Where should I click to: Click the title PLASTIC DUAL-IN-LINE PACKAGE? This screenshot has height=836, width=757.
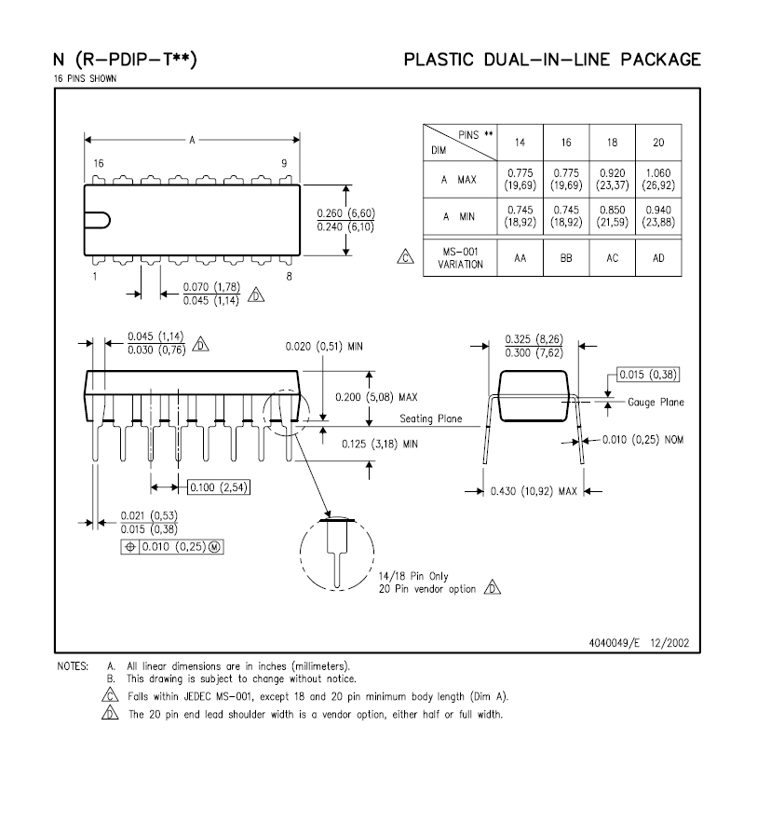pyautogui.click(x=551, y=61)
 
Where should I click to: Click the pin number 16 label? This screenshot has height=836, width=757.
pyautogui.click(x=98, y=164)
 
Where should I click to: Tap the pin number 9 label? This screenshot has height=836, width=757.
pyautogui.click(x=284, y=164)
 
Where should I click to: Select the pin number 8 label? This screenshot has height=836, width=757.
pyautogui.click(x=290, y=276)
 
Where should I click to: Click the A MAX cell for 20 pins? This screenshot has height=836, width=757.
pyautogui.click(x=657, y=179)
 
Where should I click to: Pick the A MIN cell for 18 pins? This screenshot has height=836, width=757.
pyautogui.click(x=612, y=216)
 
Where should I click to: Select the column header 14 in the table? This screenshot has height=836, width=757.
pyautogui.click(x=520, y=142)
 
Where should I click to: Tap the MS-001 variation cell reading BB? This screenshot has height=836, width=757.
pyautogui.click(x=566, y=258)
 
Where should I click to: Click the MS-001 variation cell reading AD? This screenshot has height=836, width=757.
pyautogui.click(x=657, y=258)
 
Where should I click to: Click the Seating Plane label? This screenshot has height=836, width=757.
pyautogui.click(x=431, y=418)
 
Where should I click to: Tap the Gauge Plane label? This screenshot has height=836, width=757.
pyautogui.click(x=656, y=403)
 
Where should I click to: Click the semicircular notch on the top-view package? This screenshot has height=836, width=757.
pyautogui.click(x=100, y=220)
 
